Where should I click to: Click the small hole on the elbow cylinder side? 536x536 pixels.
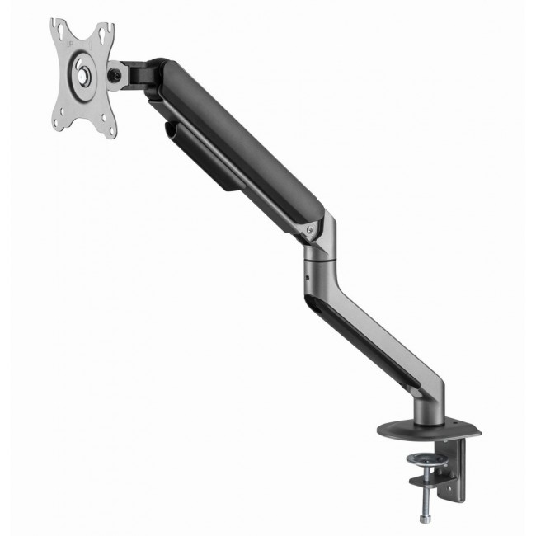(x=307, y=278)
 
